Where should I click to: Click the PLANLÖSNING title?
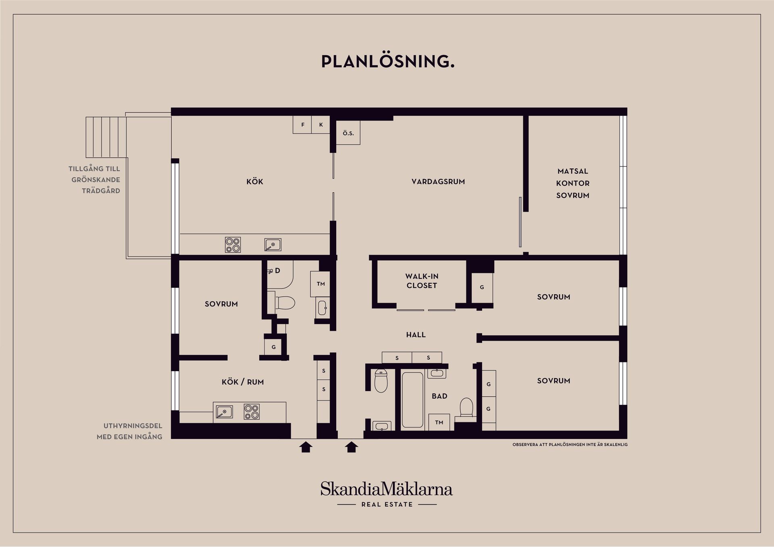coord(387,61)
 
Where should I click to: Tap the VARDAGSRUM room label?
coord(438,182)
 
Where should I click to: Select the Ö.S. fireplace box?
coord(348,133)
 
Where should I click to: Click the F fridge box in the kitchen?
coord(302,125)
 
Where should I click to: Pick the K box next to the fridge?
coord(321,125)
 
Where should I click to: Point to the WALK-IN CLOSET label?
coord(422,281)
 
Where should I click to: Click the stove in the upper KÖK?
coord(233,245)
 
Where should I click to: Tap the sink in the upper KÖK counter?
coord(273,245)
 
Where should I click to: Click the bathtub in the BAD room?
coord(413,400)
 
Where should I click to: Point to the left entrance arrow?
coord(306,447)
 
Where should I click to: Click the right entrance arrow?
coord(352,447)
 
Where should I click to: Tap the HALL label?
coord(416,335)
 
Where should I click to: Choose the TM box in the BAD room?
coord(439,422)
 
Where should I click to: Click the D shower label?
coord(277,271)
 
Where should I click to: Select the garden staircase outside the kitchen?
coord(106,137)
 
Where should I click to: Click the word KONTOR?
coord(573,183)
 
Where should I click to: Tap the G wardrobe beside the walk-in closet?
coord(482,288)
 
